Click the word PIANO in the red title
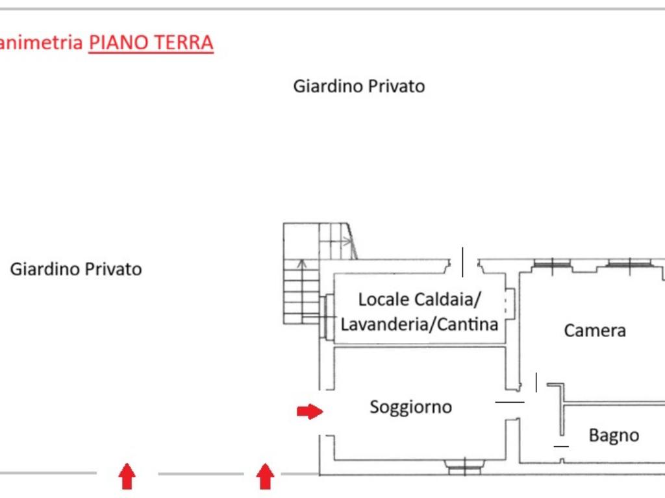coord(119,42)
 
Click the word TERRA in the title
coord(184,42)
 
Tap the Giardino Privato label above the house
coord(358,86)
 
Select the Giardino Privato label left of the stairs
coord(76,269)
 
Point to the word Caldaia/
coord(448,300)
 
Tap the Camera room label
coord(595,331)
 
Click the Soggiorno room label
coord(410,407)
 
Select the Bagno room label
coord(614,436)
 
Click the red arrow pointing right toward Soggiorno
coord(310,411)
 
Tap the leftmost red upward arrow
coord(127,476)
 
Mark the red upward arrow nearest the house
coord(265,476)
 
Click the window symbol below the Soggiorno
coord(464,466)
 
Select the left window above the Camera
coord(552,265)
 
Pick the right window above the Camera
coord(630,265)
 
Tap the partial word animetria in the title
coord(41,42)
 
